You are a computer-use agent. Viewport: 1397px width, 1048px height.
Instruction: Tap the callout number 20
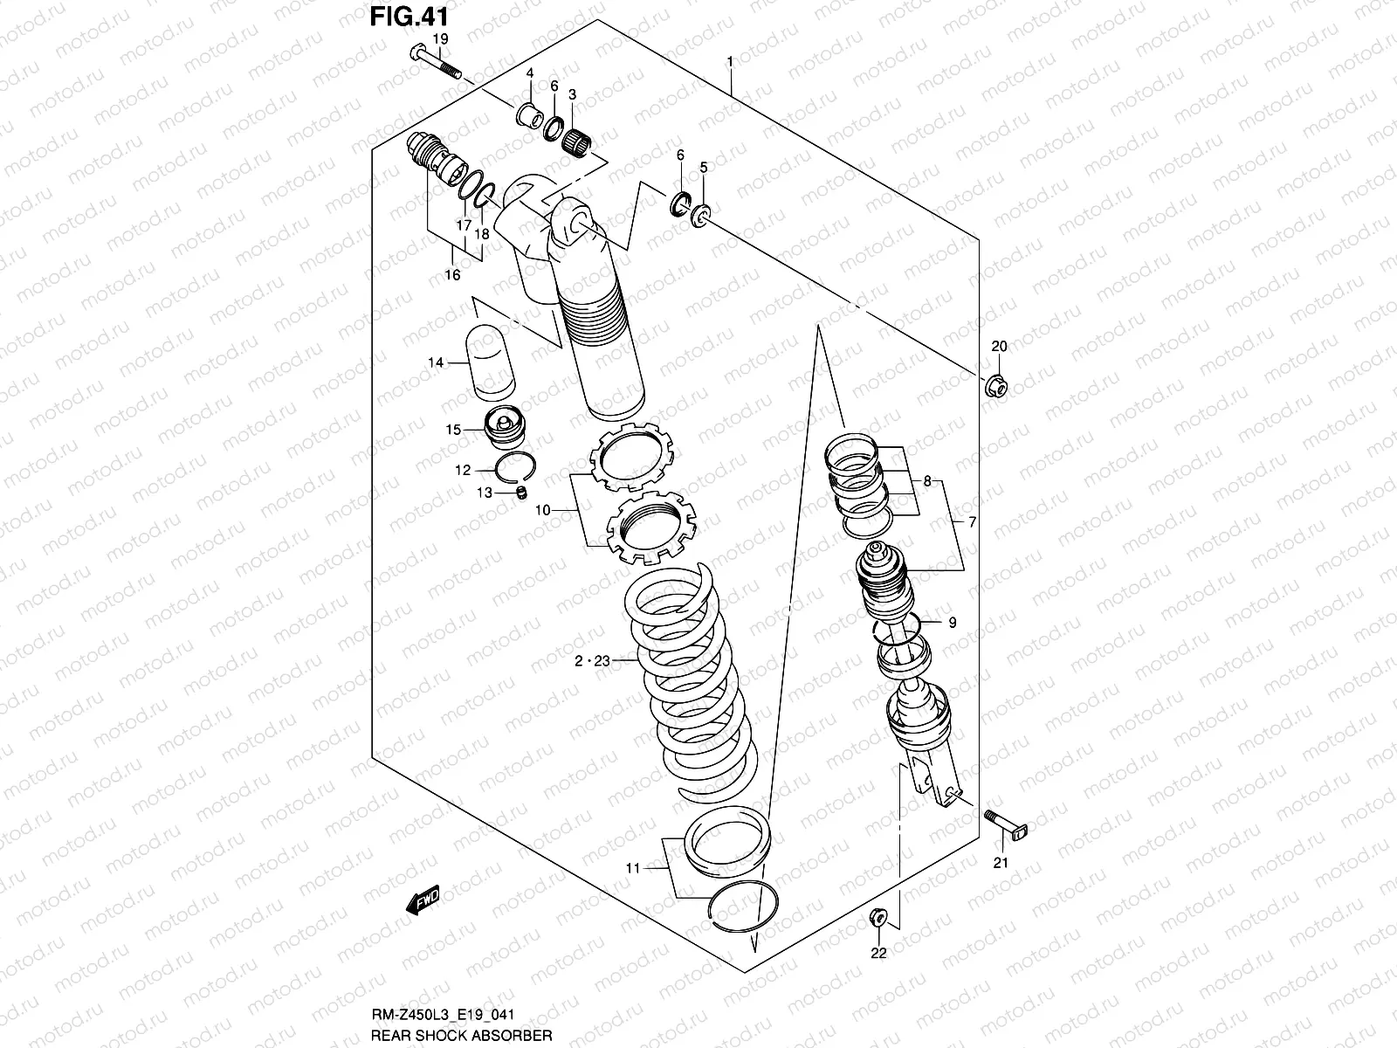999,347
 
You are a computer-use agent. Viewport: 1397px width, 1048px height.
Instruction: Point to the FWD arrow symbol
423,900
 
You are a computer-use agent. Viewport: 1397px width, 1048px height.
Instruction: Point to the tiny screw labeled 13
522,494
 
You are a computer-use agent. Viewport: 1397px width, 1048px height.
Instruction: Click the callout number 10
541,509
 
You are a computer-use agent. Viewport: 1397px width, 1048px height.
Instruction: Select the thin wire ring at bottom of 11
741,912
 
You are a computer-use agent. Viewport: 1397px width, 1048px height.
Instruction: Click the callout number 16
451,275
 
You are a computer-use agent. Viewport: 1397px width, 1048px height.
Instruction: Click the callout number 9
952,623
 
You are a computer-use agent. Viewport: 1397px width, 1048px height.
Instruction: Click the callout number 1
729,62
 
